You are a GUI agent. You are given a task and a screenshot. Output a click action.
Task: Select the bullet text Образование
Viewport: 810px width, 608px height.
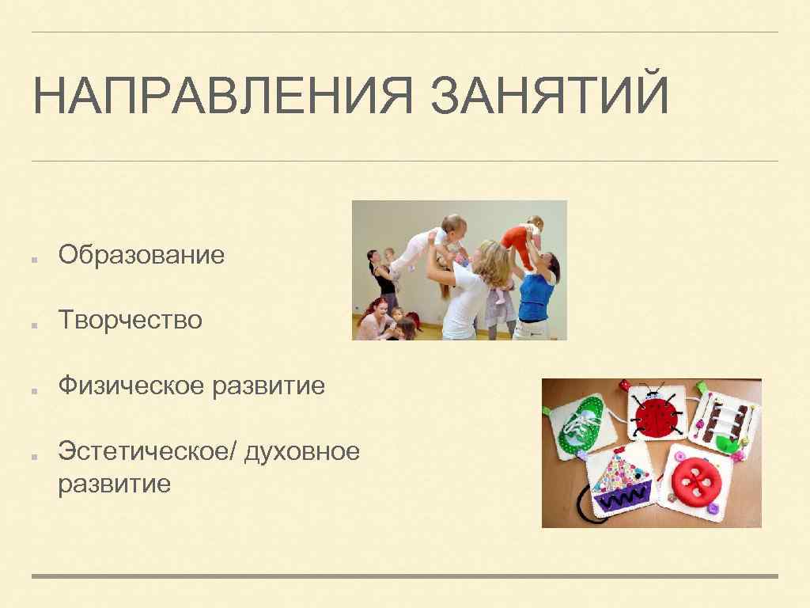pyautogui.click(x=142, y=255)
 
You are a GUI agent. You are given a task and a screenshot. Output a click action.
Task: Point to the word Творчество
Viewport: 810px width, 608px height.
pyautogui.click(x=131, y=321)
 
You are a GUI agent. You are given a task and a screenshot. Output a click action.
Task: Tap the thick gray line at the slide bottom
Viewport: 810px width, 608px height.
pyautogui.click(x=405, y=576)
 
